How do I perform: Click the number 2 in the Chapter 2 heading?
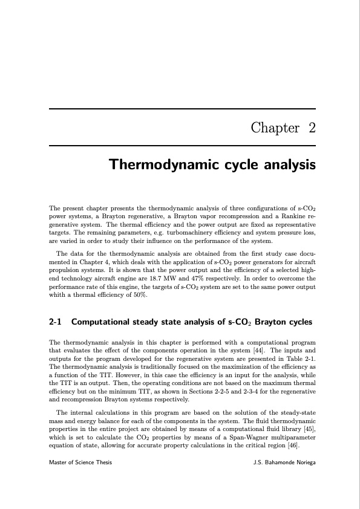pos(312,128)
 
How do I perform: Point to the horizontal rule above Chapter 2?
pos(182,109)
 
